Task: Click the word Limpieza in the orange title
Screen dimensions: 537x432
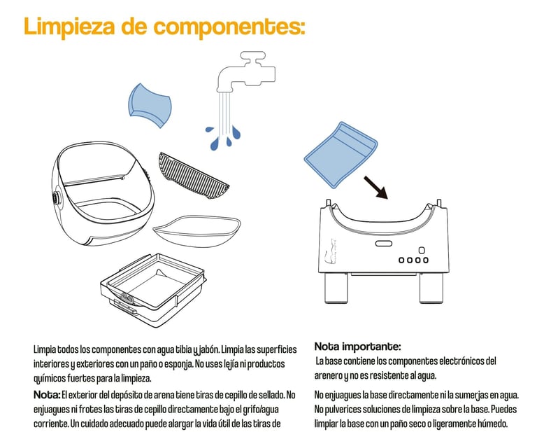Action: (69, 27)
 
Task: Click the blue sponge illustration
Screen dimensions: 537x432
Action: (150, 105)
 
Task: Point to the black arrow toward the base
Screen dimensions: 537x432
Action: (375, 188)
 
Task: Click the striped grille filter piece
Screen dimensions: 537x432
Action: (194, 176)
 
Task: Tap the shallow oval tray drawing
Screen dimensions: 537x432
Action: (196, 231)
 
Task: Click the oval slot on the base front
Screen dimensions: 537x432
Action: (384, 244)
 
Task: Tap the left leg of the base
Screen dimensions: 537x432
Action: (336, 288)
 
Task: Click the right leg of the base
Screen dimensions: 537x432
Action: (431, 288)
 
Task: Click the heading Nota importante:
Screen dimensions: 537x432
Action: (357, 347)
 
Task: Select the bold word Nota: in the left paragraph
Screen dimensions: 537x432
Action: (47, 395)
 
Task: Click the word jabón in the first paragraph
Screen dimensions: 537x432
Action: (209, 349)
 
